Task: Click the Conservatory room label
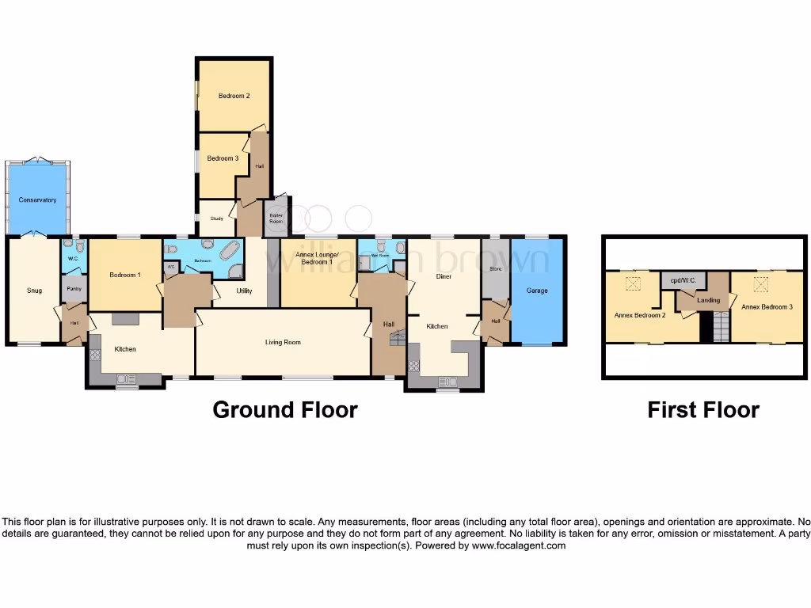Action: tap(37, 200)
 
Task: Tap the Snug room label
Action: tap(34, 291)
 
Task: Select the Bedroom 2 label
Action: tap(234, 96)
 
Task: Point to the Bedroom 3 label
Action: tap(223, 158)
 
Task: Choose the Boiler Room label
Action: tap(276, 218)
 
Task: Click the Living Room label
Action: tap(283, 342)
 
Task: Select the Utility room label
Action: tap(244, 291)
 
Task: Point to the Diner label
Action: tap(444, 276)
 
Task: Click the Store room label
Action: tap(496, 269)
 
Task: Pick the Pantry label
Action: tap(74, 289)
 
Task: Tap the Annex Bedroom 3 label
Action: tap(767, 306)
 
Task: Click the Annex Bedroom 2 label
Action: tap(640, 314)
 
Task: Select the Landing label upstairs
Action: tap(708, 300)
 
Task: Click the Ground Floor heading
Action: tap(285, 410)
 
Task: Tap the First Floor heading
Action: tap(703, 410)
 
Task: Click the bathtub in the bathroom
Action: tap(229, 252)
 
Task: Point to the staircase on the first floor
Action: tap(720, 326)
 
